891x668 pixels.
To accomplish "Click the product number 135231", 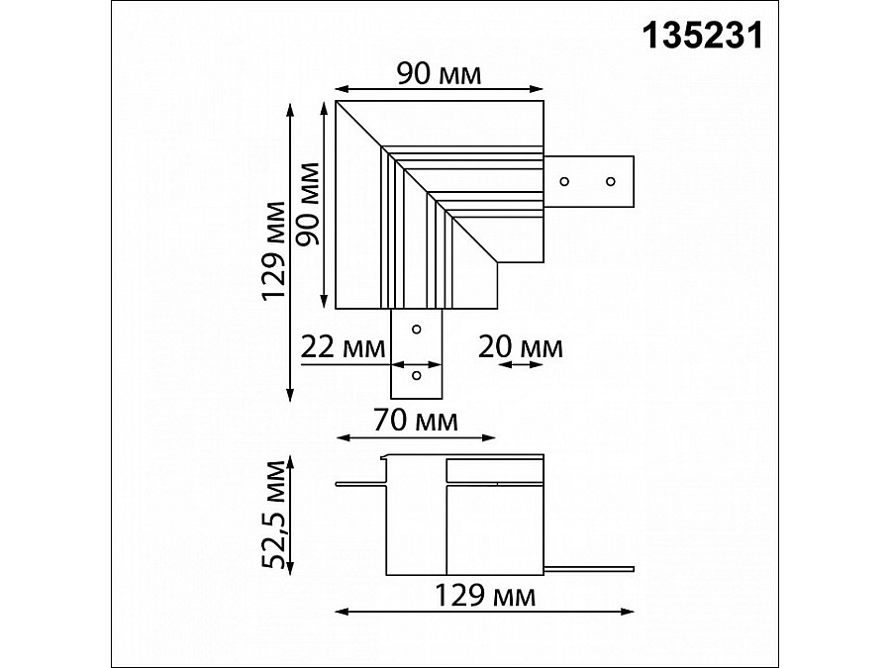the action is click(702, 37).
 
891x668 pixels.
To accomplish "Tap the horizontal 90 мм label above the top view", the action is click(439, 74).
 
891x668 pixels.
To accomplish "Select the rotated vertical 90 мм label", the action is click(309, 204).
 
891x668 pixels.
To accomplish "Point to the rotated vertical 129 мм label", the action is click(273, 250).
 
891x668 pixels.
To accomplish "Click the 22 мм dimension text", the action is click(343, 347).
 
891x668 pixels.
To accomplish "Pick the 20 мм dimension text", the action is click(521, 347).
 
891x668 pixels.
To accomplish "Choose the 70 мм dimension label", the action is click(416, 421).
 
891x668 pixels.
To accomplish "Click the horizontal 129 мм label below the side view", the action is click(485, 596).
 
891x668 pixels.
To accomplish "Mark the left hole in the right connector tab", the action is click(564, 181).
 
